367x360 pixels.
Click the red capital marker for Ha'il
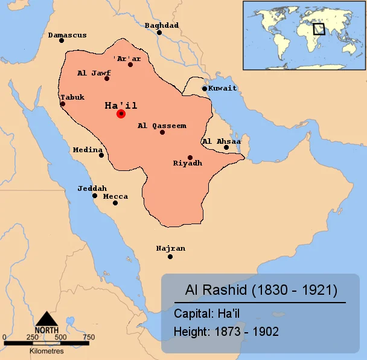[x=121, y=114]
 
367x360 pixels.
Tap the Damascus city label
[x=67, y=35]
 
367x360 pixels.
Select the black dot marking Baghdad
[x=159, y=33]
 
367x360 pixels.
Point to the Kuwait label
[x=222, y=88]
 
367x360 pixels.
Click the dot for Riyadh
[x=190, y=157]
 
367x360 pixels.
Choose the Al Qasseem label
[x=162, y=126]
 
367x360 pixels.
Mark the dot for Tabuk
[x=62, y=104]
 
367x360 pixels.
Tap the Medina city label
[x=88, y=149]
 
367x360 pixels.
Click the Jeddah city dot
[x=95, y=196]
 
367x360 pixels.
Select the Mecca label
[x=115, y=196]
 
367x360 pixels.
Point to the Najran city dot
[x=170, y=257]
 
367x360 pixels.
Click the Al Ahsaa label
[x=221, y=141]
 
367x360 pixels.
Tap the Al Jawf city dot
[x=107, y=79]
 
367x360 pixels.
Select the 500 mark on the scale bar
[x=61, y=337]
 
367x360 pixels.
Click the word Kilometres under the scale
[x=46, y=350]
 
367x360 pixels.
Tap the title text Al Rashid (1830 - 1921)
[x=260, y=290]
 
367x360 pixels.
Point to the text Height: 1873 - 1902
[x=226, y=331]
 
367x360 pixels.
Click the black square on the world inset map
[x=319, y=28]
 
